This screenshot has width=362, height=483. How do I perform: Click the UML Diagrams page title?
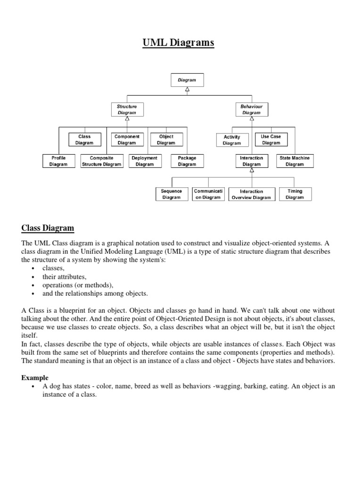(178, 43)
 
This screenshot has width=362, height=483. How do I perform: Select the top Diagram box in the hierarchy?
(187, 80)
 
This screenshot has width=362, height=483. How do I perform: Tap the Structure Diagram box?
(127, 109)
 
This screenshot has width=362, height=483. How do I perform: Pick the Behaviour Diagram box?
(251, 109)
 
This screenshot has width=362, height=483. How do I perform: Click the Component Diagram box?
(127, 140)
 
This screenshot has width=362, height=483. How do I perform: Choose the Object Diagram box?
(166, 140)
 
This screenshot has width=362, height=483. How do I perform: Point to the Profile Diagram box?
(58, 161)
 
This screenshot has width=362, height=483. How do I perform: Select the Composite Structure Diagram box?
(101, 161)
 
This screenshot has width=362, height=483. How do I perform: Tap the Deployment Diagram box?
(144, 161)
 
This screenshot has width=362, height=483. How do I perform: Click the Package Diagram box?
(187, 161)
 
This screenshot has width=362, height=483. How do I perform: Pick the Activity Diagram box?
(232, 140)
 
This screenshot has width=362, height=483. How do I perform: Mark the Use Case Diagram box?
(271, 140)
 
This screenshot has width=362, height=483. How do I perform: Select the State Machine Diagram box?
(295, 161)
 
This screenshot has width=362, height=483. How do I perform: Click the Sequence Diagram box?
(172, 194)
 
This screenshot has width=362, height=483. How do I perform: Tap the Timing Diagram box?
(295, 194)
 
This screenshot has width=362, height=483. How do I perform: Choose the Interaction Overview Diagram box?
(251, 194)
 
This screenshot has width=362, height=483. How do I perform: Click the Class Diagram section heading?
(48, 229)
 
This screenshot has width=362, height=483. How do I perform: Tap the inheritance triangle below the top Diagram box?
(187, 90)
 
